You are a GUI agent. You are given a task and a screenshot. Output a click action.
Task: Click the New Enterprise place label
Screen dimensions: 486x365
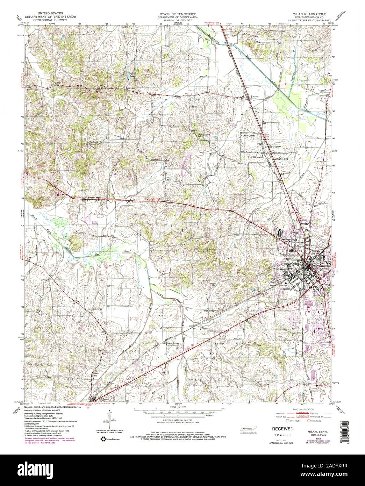[95, 309]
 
